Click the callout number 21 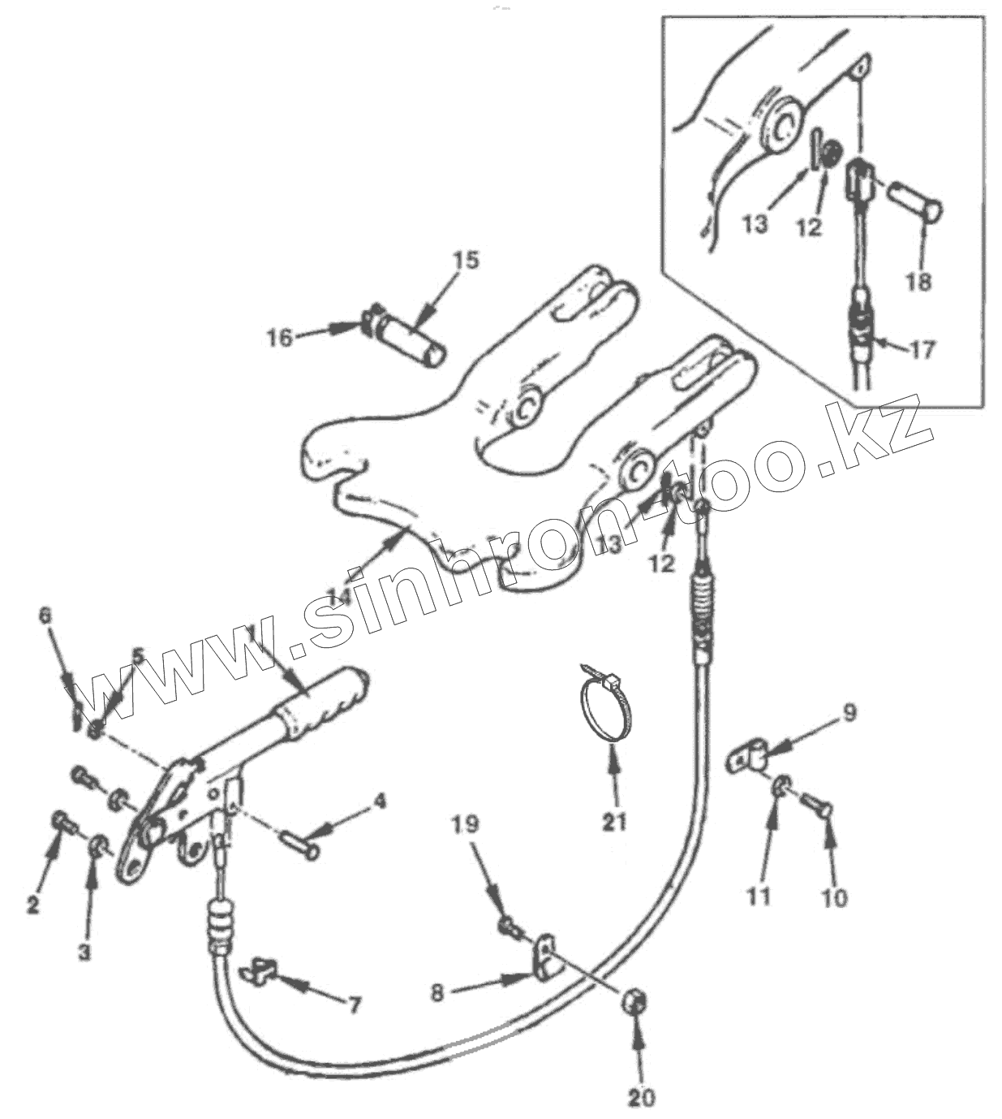pyautogui.click(x=614, y=822)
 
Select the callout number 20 pyautogui.click(x=641, y=1098)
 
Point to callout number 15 pyautogui.click(x=466, y=260)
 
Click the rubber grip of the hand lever pyautogui.click(x=320, y=705)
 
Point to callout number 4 pyautogui.click(x=379, y=801)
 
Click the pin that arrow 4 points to pyautogui.click(x=300, y=845)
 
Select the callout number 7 pyautogui.click(x=354, y=1005)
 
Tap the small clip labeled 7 pyautogui.click(x=260, y=968)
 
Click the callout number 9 pyautogui.click(x=849, y=713)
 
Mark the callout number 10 pyautogui.click(x=835, y=897)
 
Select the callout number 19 pyautogui.click(x=466, y=825)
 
